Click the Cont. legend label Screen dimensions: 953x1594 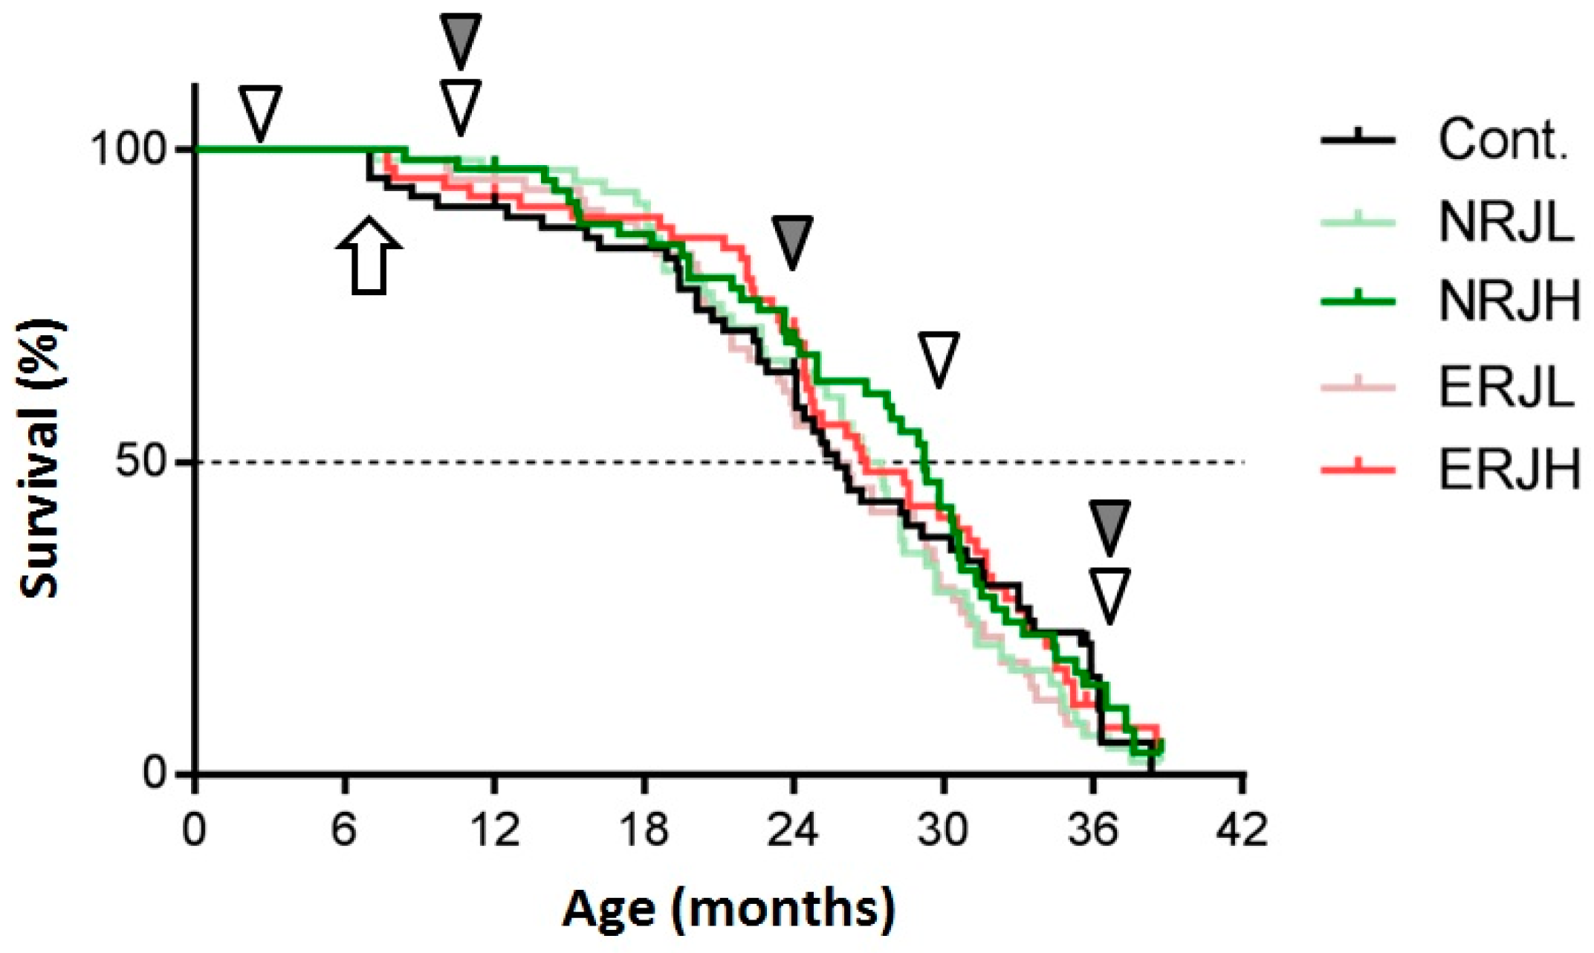(x=1503, y=140)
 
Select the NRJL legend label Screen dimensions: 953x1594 (x=1506, y=222)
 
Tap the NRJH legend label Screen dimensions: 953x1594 (x=1509, y=301)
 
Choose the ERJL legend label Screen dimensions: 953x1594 (x=1506, y=387)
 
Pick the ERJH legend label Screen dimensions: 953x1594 (x=1509, y=470)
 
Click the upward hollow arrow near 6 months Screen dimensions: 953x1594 (x=369, y=256)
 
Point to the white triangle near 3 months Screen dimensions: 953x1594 (x=259, y=112)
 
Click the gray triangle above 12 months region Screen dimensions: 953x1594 (x=461, y=39)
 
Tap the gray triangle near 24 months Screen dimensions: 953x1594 (x=791, y=241)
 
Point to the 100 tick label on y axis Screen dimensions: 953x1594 (x=127, y=149)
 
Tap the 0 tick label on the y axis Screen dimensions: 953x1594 (x=154, y=773)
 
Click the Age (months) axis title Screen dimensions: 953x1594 (x=728, y=909)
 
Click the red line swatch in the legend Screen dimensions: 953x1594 (x=1357, y=469)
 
